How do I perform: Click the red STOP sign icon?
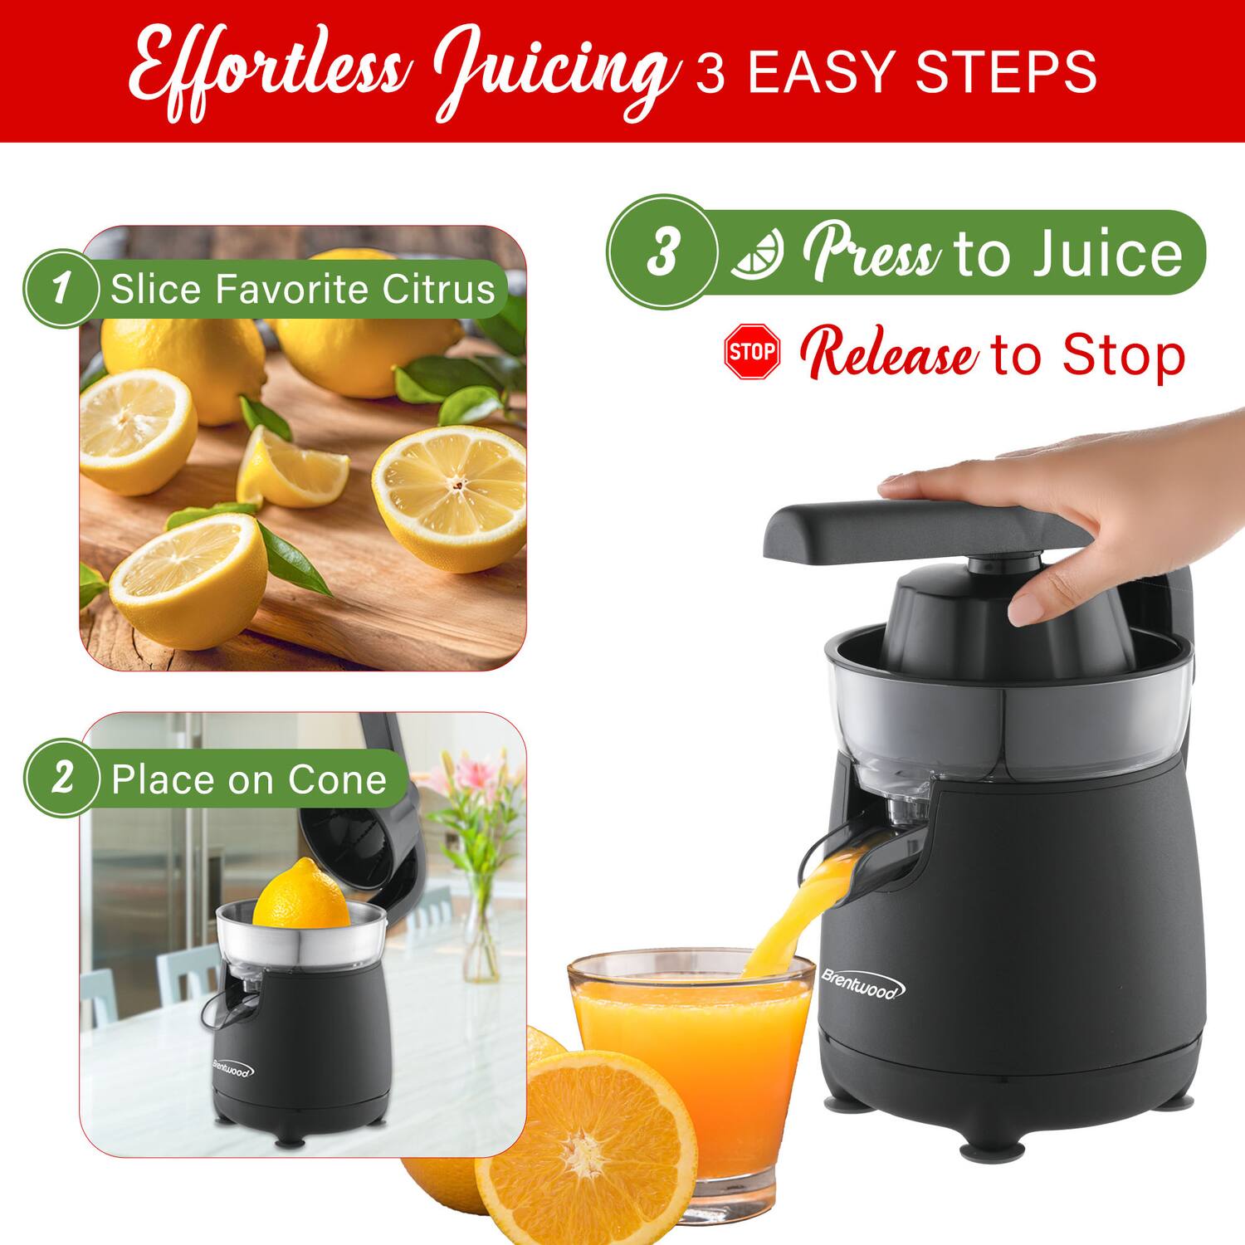(752, 352)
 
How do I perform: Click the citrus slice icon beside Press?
(756, 254)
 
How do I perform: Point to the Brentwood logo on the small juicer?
(233, 1069)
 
